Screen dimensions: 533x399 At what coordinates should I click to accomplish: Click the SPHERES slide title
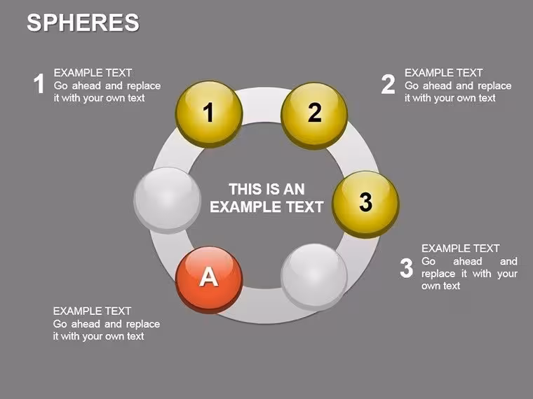[83, 22]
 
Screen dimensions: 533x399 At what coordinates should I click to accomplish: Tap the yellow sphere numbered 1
[209, 114]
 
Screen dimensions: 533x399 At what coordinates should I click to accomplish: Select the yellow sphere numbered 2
[314, 115]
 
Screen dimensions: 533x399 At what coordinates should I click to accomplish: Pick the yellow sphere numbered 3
[365, 204]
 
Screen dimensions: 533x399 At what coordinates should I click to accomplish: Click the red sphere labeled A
[209, 279]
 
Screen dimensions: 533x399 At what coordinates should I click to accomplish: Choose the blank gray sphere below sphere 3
[314, 277]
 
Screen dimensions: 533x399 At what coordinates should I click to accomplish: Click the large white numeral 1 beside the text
[39, 83]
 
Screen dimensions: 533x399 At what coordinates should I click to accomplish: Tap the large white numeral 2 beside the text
[389, 84]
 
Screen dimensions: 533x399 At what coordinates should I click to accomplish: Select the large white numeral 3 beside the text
[407, 268]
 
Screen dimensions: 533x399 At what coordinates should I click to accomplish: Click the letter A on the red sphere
[208, 276]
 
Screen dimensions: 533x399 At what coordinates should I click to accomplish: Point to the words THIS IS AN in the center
[266, 189]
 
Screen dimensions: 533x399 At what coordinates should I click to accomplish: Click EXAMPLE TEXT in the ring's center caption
[266, 206]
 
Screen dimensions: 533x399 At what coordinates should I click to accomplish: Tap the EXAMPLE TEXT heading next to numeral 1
[93, 73]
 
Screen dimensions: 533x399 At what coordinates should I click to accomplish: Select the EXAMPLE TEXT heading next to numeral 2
[444, 73]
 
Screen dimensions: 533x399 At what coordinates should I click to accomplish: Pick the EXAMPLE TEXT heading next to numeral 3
[461, 248]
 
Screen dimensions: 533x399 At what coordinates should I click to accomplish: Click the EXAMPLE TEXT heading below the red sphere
[92, 311]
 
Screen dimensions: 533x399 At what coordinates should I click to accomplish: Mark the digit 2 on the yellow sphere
[315, 112]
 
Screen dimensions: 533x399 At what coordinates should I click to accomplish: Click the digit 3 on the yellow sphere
[366, 202]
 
